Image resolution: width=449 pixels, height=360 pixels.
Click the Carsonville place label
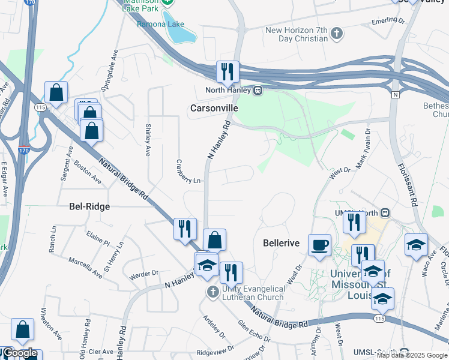click(x=214, y=108)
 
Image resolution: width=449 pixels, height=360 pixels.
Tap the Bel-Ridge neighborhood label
click(x=89, y=206)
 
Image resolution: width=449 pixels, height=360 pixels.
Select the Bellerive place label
click(x=282, y=243)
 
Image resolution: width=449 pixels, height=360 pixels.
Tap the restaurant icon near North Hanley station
click(x=228, y=71)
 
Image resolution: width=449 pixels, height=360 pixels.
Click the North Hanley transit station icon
click(x=258, y=91)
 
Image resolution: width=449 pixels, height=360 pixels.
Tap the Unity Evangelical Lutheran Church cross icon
click(x=211, y=292)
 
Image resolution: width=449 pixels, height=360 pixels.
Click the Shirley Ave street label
click(x=148, y=140)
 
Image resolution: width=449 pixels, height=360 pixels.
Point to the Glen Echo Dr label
click(x=251, y=332)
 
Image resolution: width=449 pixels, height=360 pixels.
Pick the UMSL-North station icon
click(x=386, y=213)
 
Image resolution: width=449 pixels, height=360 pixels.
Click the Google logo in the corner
click(x=20, y=353)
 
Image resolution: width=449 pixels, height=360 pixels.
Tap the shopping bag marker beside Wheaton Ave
click(x=22, y=330)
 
